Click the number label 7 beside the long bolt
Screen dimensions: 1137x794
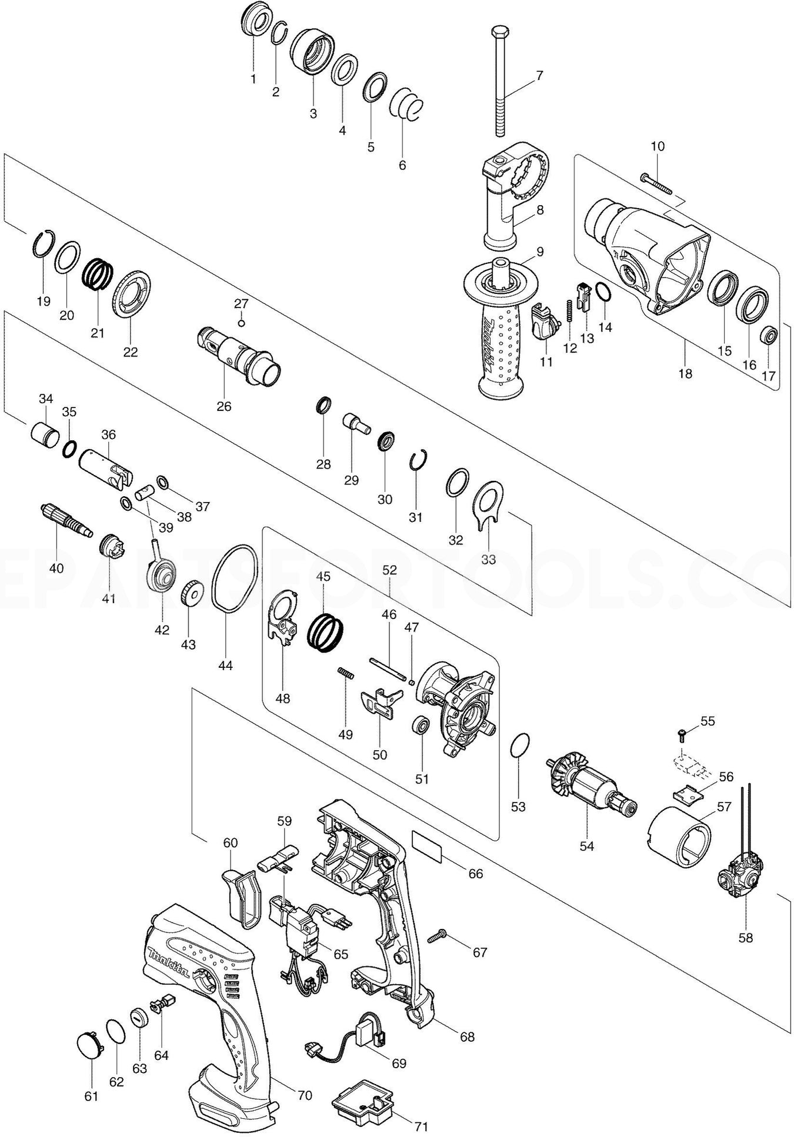tap(539, 75)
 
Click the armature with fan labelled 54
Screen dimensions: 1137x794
tap(591, 787)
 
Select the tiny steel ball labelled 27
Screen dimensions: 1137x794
tap(241, 322)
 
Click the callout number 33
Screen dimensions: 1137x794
tap(489, 559)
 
